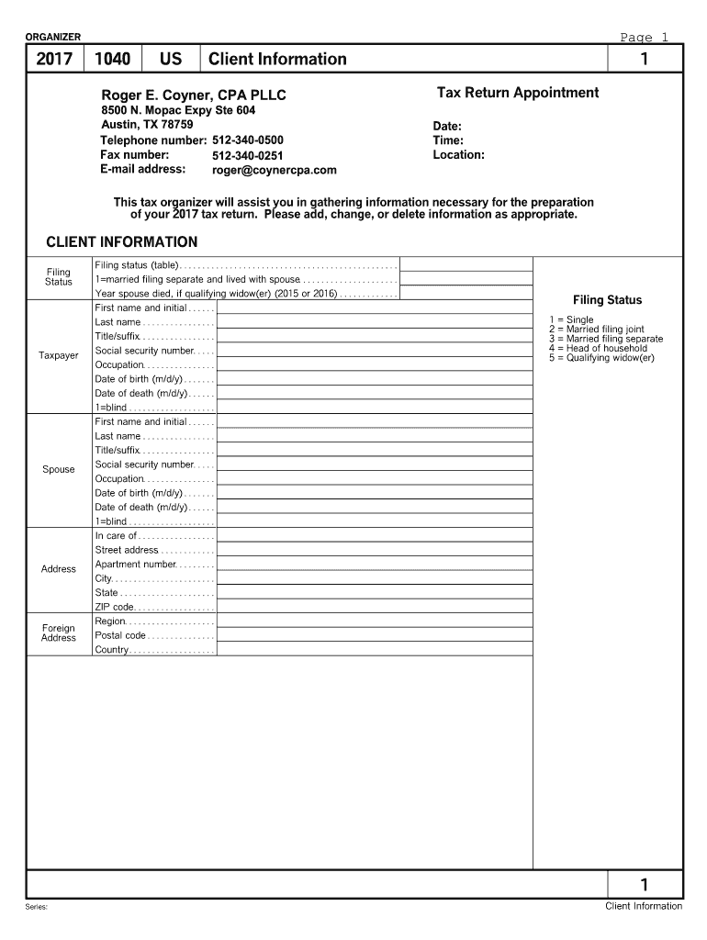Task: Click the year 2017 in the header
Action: pyautogui.click(x=54, y=60)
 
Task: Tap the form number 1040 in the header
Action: pyautogui.click(x=112, y=60)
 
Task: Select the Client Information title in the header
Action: pyautogui.click(x=277, y=60)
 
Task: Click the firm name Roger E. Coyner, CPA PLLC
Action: pyautogui.click(x=194, y=95)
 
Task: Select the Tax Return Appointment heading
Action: pyautogui.click(x=517, y=93)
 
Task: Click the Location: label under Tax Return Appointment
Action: pyautogui.click(x=458, y=155)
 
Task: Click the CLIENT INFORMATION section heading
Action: pyautogui.click(x=121, y=242)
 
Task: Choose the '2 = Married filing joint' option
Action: pyautogui.click(x=596, y=330)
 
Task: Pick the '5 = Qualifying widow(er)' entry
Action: pyautogui.click(x=600, y=358)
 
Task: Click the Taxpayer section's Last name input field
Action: pyautogui.click(x=375, y=322)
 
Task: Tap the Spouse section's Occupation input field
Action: pyautogui.click(x=375, y=479)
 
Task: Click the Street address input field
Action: pyautogui.click(x=375, y=550)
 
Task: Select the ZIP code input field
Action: pyautogui.click(x=375, y=607)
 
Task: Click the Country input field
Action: pyautogui.click(x=375, y=650)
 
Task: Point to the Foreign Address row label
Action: pyautogui.click(x=59, y=633)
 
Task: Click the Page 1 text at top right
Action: pyautogui.click(x=644, y=38)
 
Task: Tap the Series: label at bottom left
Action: pyautogui.click(x=37, y=907)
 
